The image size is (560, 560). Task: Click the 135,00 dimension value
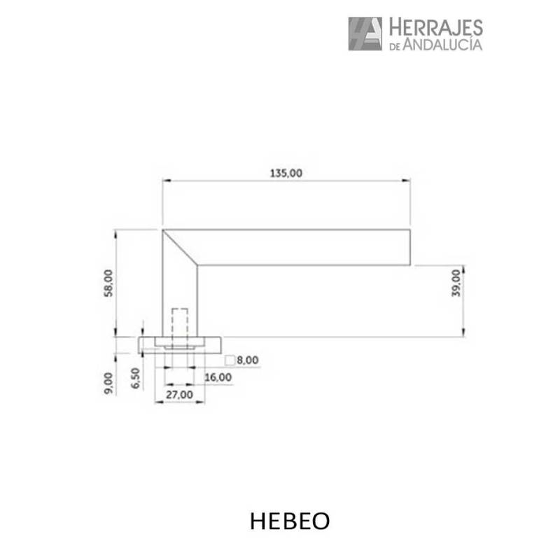(286, 174)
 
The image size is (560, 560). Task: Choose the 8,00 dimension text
(248, 360)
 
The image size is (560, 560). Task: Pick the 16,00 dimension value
(217, 377)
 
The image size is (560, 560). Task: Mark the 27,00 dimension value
(179, 394)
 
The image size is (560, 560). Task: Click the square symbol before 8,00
(230, 360)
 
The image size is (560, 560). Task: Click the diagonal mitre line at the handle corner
(180, 248)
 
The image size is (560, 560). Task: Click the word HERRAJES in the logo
(435, 28)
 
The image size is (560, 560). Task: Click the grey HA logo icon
(365, 34)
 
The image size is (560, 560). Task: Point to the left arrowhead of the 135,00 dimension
(166, 181)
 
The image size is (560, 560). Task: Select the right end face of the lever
(409, 247)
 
